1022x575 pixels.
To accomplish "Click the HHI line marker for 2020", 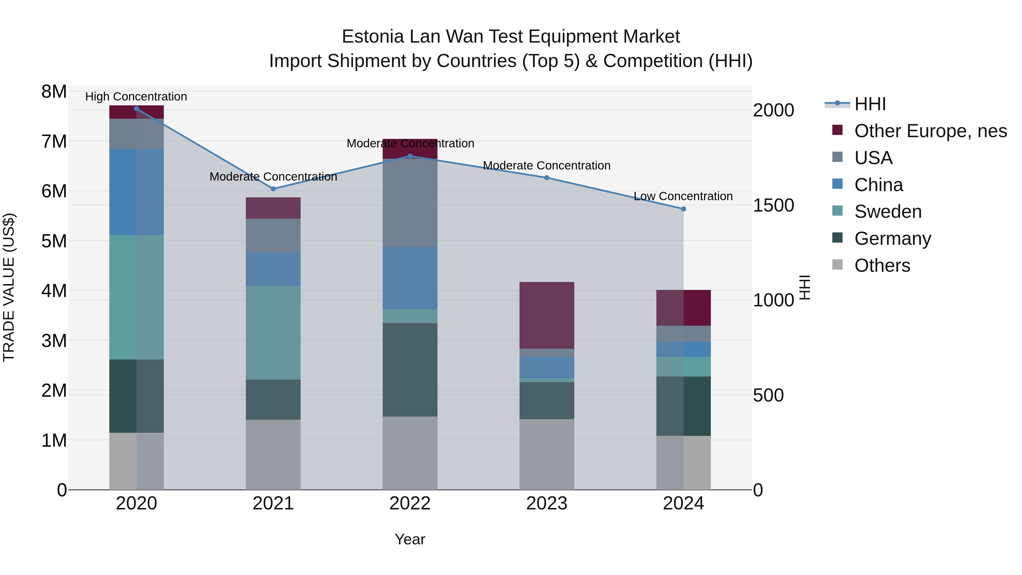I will pyautogui.click(x=137, y=108).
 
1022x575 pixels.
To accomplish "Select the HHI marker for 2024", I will pyautogui.click(x=683, y=209).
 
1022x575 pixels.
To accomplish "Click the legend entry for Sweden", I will pyautogui.click(x=887, y=212).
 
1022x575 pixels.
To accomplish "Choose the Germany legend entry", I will pyautogui.click(x=892, y=239).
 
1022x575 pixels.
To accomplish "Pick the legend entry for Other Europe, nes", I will pyautogui.click(x=930, y=131).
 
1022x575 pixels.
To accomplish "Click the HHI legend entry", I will pyautogui.click(x=870, y=104).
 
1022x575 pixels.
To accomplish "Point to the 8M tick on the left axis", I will pyautogui.click(x=54, y=92).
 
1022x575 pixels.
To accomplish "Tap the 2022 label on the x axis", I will pyautogui.click(x=410, y=503).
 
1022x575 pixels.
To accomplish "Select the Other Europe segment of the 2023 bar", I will pyautogui.click(x=547, y=315).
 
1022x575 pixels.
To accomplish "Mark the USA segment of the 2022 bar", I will pyautogui.click(x=410, y=203).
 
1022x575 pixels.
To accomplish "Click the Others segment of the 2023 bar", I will pyautogui.click(x=547, y=454).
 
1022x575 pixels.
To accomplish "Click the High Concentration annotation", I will pyautogui.click(x=136, y=97).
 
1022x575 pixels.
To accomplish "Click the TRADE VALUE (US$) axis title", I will pyautogui.click(x=9, y=287).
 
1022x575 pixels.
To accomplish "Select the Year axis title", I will pyautogui.click(x=410, y=539).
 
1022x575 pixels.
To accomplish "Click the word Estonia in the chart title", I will pyautogui.click(x=372, y=37).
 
